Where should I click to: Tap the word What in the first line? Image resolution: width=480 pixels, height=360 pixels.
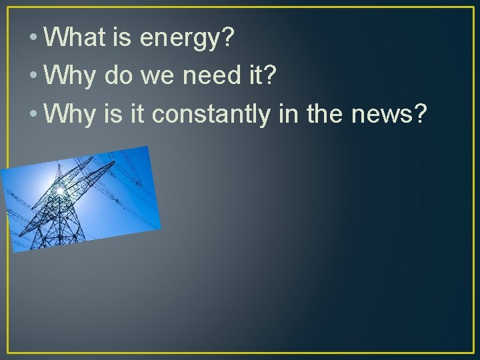(x=73, y=38)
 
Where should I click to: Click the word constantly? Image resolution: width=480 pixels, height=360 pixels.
(x=210, y=115)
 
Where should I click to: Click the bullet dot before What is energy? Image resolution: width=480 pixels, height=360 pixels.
(x=33, y=39)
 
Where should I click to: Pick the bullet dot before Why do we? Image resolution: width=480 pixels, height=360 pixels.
(x=33, y=77)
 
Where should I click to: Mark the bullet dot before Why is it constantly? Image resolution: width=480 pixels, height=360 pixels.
(x=33, y=115)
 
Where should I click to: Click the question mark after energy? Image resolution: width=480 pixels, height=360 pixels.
(x=228, y=38)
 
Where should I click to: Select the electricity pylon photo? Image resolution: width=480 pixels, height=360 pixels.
(x=81, y=198)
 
